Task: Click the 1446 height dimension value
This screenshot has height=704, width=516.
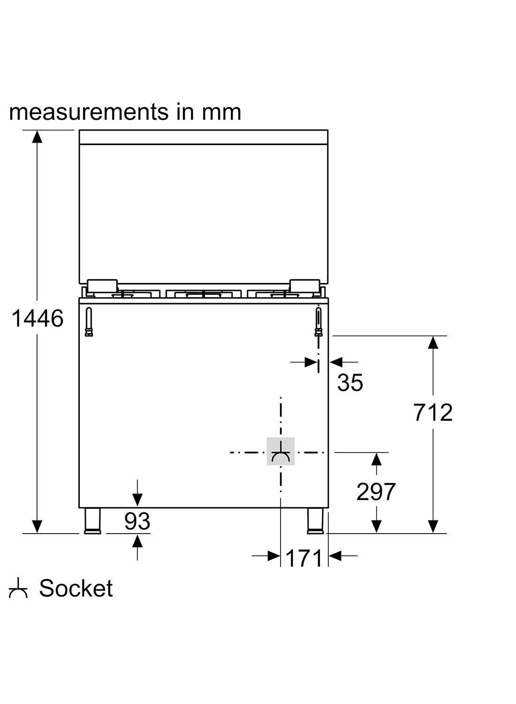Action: pyautogui.click(x=37, y=319)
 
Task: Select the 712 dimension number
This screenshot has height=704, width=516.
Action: pyautogui.click(x=433, y=413)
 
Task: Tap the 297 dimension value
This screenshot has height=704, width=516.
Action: pyautogui.click(x=376, y=492)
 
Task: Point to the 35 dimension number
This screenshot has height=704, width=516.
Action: pyautogui.click(x=350, y=383)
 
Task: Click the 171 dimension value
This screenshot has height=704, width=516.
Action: pyautogui.click(x=304, y=558)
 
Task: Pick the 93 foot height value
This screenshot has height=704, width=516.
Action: pyautogui.click(x=137, y=521)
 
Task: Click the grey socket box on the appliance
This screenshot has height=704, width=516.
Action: pyautogui.click(x=281, y=451)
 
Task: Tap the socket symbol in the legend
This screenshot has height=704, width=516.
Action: pyautogui.click(x=18, y=589)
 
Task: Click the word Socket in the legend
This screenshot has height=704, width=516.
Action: pyautogui.click(x=76, y=589)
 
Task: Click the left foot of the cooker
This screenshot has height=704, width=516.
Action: pyautogui.click(x=92, y=520)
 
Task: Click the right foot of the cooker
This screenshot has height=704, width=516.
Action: pyautogui.click(x=315, y=520)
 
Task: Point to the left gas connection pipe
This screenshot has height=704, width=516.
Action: pyautogui.click(x=89, y=321)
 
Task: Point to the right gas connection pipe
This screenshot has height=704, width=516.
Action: pyautogui.click(x=319, y=321)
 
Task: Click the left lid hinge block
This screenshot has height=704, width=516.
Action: pyautogui.click(x=103, y=285)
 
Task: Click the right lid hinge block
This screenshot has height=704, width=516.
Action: pyautogui.click(x=304, y=285)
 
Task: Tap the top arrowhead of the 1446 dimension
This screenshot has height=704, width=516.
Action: pyautogui.click(x=37, y=136)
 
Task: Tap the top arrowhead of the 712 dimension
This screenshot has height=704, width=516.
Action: pyautogui.click(x=433, y=342)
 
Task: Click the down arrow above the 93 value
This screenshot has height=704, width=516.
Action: pyautogui.click(x=137, y=498)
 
